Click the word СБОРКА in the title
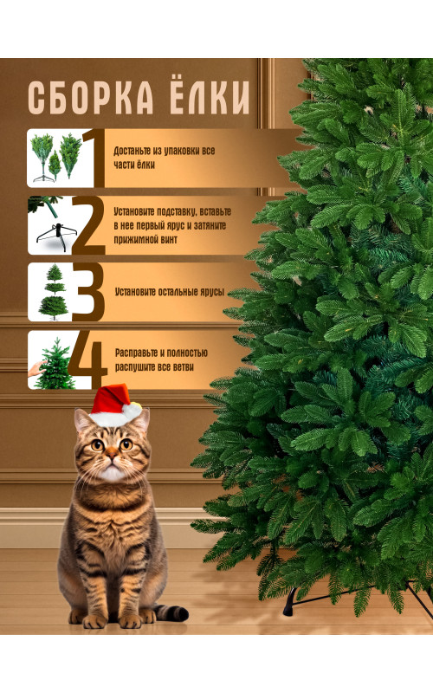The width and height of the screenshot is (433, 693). (91, 97)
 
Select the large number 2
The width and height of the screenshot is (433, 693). (88, 226)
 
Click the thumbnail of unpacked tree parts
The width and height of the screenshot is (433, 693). (55, 159)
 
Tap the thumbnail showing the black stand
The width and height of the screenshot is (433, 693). (50, 226)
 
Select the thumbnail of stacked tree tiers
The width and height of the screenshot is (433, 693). (51, 292)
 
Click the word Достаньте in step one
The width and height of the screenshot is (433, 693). (132, 151)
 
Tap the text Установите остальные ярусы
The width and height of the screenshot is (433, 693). (170, 292)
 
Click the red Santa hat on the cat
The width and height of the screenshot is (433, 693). (113, 400)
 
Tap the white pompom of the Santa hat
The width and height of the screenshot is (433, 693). (132, 411)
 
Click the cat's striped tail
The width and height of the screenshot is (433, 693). (171, 612)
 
